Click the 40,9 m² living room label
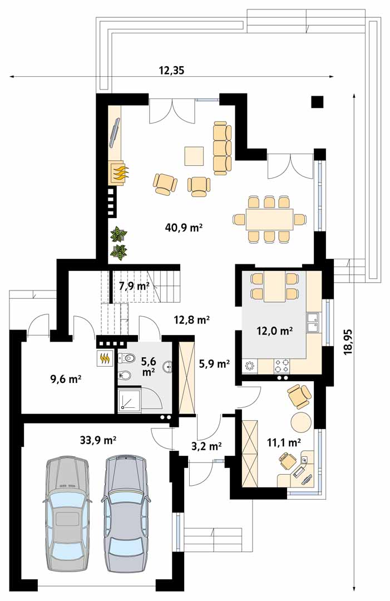(x=184, y=228)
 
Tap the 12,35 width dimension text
(x=171, y=70)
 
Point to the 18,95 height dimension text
(x=348, y=342)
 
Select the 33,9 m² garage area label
(x=98, y=440)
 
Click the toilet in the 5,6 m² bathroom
(x=126, y=358)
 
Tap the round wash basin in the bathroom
(x=167, y=367)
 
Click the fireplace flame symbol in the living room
(x=121, y=173)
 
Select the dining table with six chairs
(x=269, y=219)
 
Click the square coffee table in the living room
(x=194, y=156)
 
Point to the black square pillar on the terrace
(x=317, y=102)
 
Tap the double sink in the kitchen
(x=312, y=322)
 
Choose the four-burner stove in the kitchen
(x=282, y=366)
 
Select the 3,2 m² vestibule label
(x=207, y=446)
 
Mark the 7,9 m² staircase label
(x=134, y=286)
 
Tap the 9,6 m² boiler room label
(x=65, y=380)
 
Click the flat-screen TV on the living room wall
(x=115, y=132)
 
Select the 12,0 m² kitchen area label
(x=275, y=331)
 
